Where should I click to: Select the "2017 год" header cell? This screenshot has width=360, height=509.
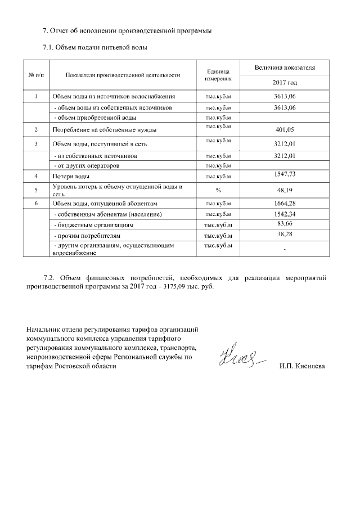point(284,83)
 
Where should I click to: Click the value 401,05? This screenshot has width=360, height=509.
point(284,130)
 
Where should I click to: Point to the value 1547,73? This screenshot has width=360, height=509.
point(284,175)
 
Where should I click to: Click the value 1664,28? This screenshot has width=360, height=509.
point(284,203)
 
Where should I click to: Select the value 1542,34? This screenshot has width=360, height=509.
point(284,214)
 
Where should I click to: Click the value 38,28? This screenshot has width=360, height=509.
point(284,234)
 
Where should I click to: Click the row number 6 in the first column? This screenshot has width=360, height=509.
point(36,203)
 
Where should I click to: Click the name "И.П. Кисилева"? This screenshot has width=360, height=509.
point(301,367)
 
